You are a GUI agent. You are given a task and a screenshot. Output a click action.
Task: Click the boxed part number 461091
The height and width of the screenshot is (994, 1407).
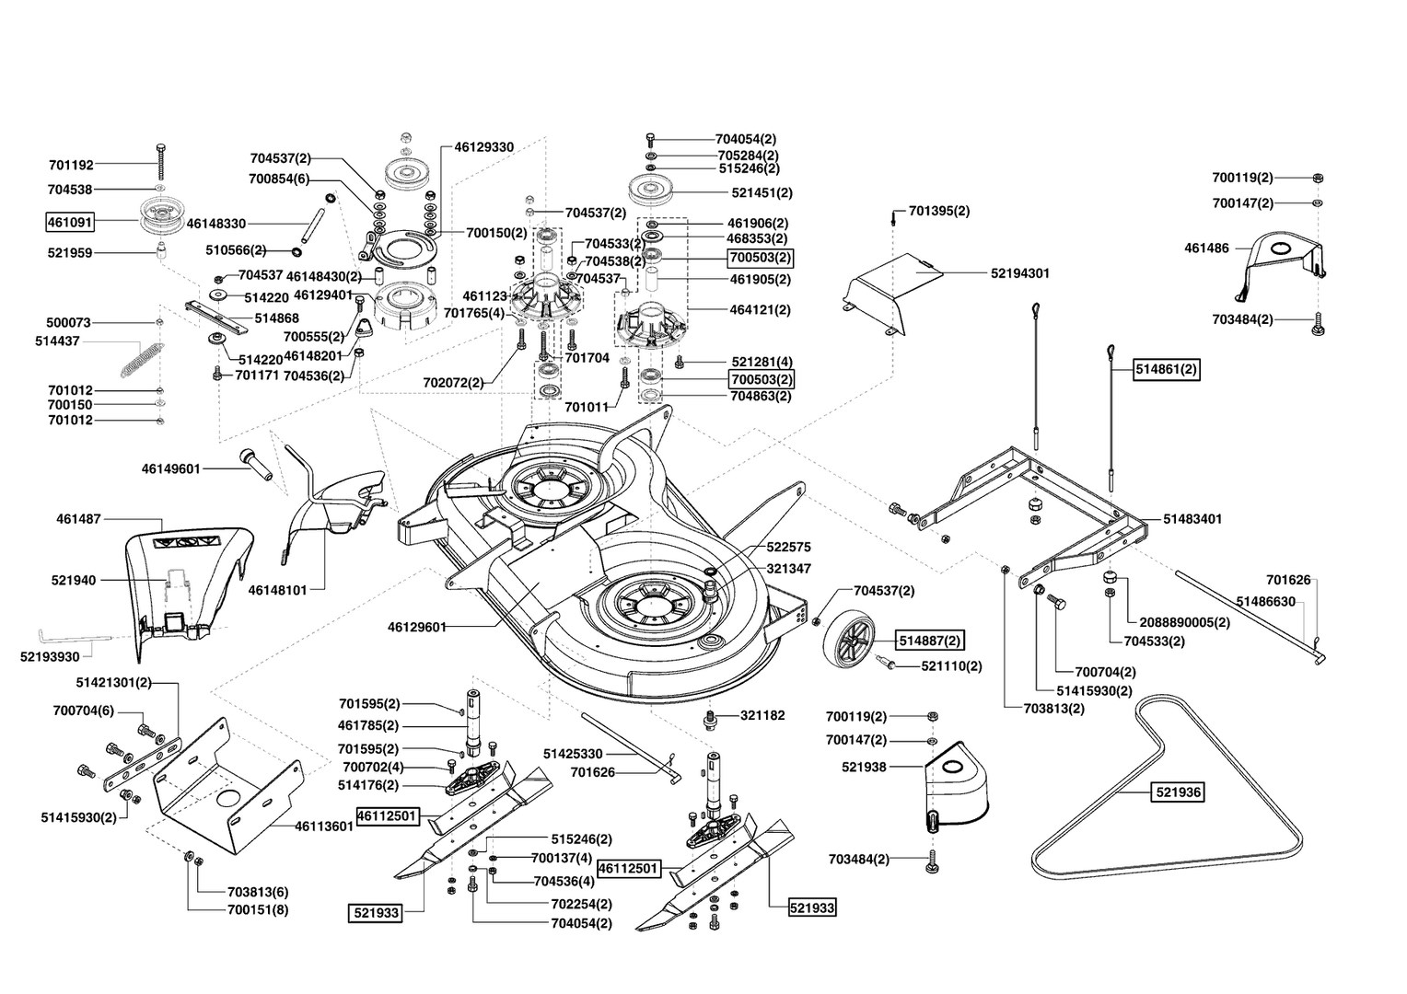tap(70, 222)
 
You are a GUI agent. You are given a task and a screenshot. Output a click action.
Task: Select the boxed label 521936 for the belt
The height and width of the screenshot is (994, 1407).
tap(1179, 792)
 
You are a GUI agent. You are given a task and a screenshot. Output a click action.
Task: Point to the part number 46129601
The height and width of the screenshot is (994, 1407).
tap(416, 627)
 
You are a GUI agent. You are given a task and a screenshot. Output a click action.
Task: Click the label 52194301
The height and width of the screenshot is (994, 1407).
tap(1020, 273)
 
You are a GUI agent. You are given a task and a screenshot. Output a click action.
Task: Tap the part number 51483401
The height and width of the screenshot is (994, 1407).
tap(1192, 519)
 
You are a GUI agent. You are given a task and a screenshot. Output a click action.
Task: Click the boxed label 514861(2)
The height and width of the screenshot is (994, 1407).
tap(1167, 369)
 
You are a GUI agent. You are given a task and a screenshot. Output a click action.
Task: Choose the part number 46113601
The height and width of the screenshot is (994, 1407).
tap(324, 826)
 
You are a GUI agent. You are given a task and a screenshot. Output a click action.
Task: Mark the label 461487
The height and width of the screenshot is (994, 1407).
tap(78, 519)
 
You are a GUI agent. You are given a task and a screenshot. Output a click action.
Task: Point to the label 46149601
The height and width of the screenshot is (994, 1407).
tap(171, 468)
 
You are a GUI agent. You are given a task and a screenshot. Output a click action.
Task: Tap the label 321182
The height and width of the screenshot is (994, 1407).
tap(762, 715)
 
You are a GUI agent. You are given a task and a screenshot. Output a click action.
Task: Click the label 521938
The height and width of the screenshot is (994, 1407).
tap(864, 767)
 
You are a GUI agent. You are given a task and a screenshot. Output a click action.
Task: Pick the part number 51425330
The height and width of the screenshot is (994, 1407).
tap(573, 754)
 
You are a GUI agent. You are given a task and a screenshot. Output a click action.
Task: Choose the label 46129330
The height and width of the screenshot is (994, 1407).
tap(483, 147)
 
